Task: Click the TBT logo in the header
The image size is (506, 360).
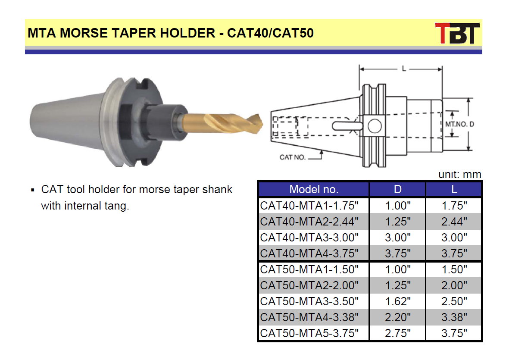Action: click(x=457, y=33)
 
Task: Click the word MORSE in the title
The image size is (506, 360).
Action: click(x=83, y=33)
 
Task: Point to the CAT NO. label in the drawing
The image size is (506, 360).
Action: click(x=292, y=157)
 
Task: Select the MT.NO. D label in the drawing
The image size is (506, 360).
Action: click(x=460, y=124)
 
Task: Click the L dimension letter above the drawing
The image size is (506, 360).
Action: click(x=403, y=69)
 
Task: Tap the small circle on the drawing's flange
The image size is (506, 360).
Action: click(x=375, y=126)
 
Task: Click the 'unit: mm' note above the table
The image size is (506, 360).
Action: click(x=459, y=174)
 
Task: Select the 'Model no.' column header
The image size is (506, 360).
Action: click(x=314, y=189)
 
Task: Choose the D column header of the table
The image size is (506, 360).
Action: click(x=397, y=189)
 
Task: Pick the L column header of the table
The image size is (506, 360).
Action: click(x=454, y=189)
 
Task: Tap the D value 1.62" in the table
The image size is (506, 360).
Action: click(x=397, y=301)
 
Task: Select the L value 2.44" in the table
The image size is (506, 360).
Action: click(x=454, y=222)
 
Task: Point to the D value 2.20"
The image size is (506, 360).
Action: click(x=397, y=317)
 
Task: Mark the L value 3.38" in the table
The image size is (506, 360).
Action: click(x=454, y=317)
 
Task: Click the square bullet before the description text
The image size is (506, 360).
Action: click(x=33, y=190)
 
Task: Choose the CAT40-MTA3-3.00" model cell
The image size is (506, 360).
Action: click(x=309, y=237)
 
